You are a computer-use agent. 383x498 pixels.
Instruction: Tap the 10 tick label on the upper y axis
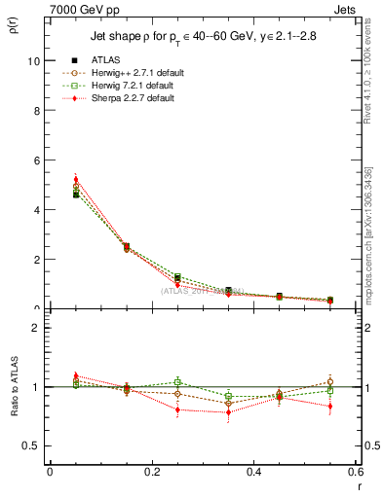(33, 60)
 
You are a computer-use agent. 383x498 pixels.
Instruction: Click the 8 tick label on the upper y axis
(36, 110)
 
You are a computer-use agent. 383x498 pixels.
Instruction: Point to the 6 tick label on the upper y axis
(36, 160)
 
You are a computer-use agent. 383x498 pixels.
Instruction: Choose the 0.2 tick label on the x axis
(152, 472)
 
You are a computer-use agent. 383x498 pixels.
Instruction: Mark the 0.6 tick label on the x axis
(355, 472)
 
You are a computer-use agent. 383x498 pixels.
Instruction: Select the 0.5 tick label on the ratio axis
(32, 445)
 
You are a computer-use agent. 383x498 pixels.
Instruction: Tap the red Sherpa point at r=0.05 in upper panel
(76, 179)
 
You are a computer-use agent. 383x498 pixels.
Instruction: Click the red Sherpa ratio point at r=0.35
(228, 412)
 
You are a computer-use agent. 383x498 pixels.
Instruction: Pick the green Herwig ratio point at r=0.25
(177, 382)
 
